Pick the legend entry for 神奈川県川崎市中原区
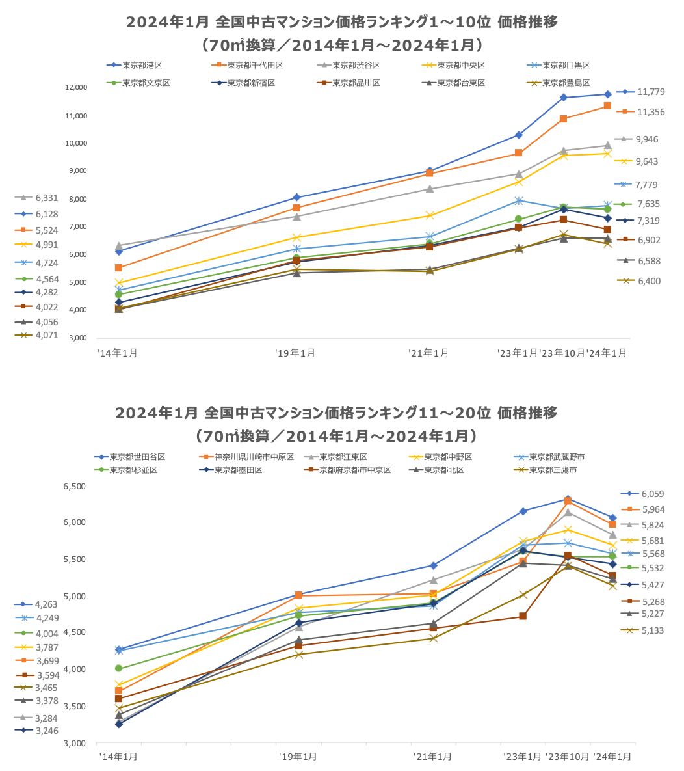pos(254,457)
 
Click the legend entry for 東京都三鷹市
pos(553,470)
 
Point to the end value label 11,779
pos(651,92)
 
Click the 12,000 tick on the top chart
pos(76,88)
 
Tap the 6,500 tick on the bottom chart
pos(75,486)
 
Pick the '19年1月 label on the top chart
pos(296,353)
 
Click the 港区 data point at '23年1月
pos(519,135)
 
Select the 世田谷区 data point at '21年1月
pos(433,565)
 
